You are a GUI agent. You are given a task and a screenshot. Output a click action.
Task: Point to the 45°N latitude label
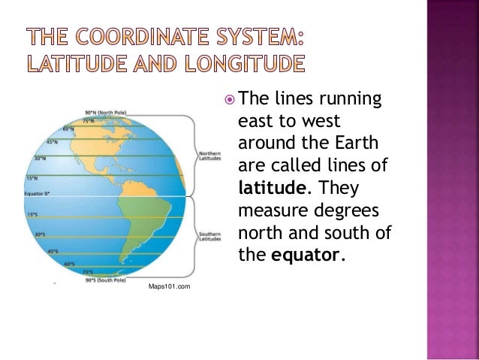tap(53, 141)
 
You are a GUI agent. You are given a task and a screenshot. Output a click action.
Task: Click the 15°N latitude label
tap(32, 178)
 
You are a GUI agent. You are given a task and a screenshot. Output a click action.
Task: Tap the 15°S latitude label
tap(32, 214)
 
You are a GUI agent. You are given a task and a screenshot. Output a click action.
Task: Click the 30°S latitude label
tap(41, 234)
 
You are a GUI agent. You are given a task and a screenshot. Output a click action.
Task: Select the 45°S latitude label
tap(53, 251)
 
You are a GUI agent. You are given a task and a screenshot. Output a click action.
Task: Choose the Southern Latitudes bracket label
tap(209, 236)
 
